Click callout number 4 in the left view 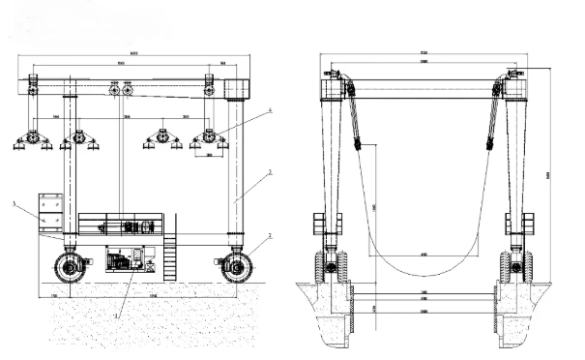point(269,111)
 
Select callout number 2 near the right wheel point(270,235)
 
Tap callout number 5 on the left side point(15,203)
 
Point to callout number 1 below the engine point(117,315)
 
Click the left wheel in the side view point(68,265)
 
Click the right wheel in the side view point(235,264)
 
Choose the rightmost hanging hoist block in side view point(209,141)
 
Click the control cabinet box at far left point(49,211)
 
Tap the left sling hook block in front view point(358,144)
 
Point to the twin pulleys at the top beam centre point(122,90)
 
